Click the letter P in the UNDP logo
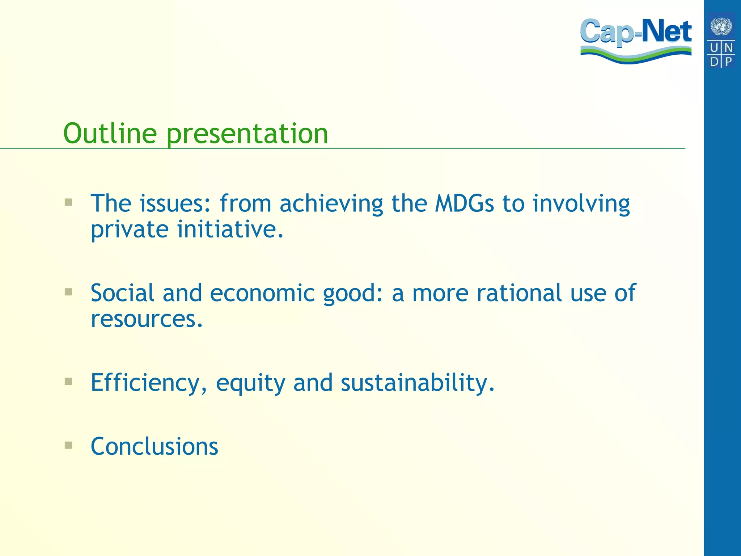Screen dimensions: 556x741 coord(728,62)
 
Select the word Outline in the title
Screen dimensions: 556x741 coord(110,133)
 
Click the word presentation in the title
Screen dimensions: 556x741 coord(247,134)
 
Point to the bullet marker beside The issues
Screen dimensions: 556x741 coord(68,202)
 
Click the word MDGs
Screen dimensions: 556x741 coord(464,203)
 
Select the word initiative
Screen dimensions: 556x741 coord(230,229)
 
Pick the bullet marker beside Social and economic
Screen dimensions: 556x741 coord(68,292)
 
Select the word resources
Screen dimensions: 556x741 coord(147,319)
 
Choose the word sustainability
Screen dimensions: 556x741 coord(417,383)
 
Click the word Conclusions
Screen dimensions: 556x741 coord(154,446)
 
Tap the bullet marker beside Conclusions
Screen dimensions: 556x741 coord(68,445)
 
